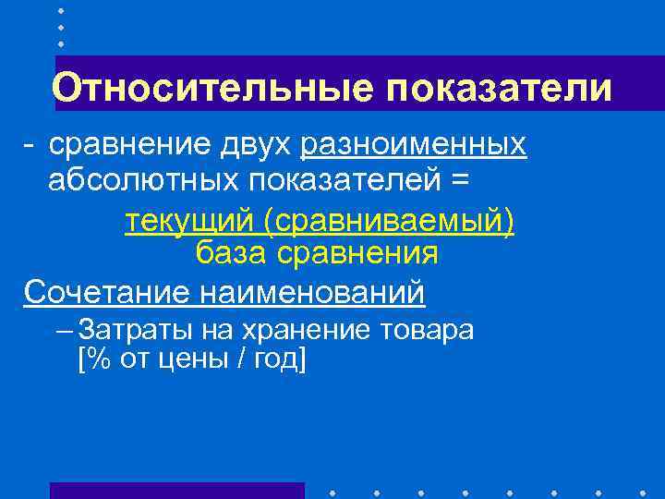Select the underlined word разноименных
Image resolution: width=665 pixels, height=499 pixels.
[x=415, y=145]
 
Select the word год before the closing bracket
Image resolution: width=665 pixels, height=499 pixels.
[x=273, y=359]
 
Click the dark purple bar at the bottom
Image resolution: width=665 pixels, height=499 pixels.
[x=176, y=490]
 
